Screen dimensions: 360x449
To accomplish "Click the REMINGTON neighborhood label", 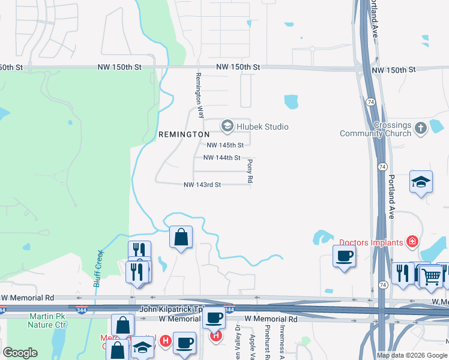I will [x=184, y=135].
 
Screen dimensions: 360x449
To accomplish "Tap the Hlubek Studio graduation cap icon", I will [x=227, y=126].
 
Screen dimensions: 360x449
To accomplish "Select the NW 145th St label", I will [x=225, y=145].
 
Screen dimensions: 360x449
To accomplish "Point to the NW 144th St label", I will [x=221, y=158].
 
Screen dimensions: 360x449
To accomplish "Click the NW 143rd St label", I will [x=202, y=185].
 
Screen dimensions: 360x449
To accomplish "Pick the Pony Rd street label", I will [x=250, y=171].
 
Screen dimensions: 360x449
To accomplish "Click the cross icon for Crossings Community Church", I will [x=421, y=127].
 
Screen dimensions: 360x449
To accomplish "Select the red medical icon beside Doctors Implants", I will [x=412, y=242].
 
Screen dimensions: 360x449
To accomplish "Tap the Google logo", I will [x=20, y=353].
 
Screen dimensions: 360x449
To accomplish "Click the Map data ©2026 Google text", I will [x=412, y=355].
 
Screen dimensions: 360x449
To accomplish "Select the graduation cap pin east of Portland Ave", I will [x=421, y=182].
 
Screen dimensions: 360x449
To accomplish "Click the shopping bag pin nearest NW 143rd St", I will [x=181, y=237].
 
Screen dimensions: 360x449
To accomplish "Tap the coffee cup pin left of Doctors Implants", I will [x=345, y=256].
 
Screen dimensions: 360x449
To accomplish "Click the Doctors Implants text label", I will [x=372, y=242].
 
